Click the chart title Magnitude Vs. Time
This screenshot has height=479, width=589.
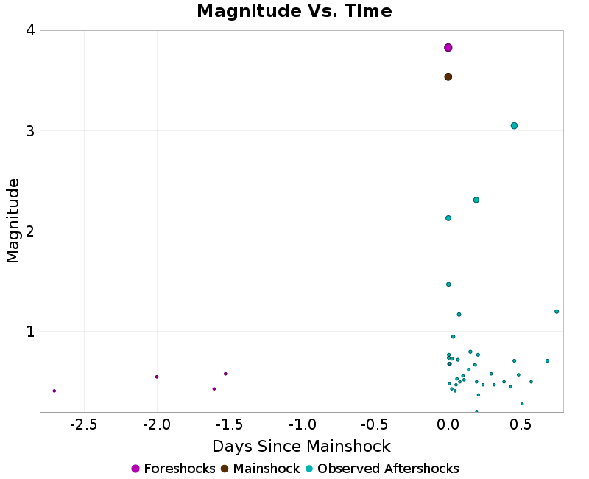[294, 11]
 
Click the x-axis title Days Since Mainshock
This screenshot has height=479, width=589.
[301, 446]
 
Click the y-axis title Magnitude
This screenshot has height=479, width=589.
[13, 221]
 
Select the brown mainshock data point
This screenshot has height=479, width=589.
[448, 77]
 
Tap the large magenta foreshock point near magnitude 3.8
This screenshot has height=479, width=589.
[448, 48]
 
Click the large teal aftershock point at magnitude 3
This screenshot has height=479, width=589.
[514, 126]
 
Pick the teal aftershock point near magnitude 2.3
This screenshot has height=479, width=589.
[476, 200]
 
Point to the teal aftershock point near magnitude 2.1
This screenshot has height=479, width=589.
[448, 218]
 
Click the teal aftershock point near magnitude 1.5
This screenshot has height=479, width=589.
[448, 284]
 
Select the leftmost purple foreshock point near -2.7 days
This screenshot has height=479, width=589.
[54, 391]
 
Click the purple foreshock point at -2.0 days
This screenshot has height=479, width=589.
[157, 377]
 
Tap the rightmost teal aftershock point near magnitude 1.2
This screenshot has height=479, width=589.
[557, 311]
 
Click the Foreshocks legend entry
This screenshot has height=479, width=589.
[173, 469]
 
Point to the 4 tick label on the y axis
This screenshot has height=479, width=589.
[30, 31]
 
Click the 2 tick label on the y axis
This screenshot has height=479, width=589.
[30, 231]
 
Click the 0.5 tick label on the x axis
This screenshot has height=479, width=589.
[521, 425]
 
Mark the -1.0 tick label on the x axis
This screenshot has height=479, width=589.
[302, 425]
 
